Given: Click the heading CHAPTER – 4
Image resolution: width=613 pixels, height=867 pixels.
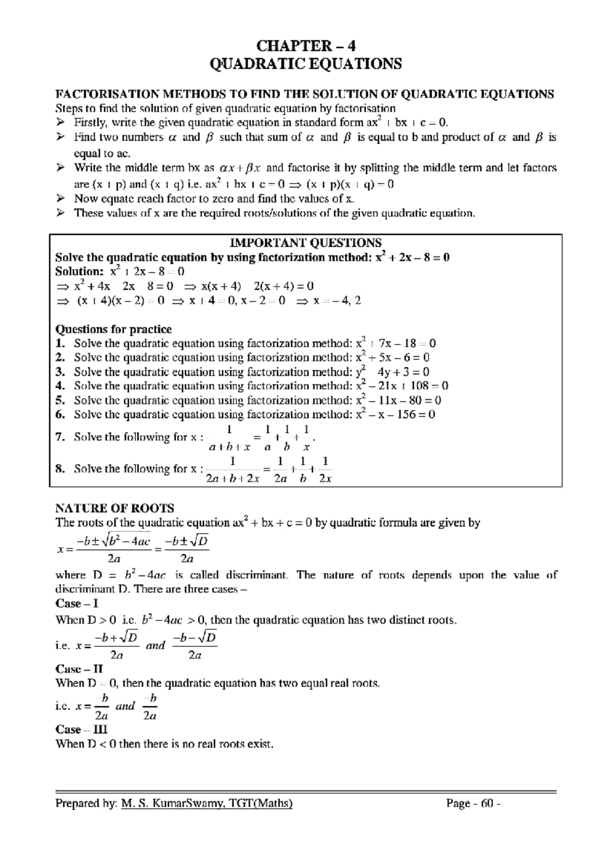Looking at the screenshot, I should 305,46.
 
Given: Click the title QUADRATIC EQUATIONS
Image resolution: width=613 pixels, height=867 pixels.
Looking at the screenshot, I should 305,64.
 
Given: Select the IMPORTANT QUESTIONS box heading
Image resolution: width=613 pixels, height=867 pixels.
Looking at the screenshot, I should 305,243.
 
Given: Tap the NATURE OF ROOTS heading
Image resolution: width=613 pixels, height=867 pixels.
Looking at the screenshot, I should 114,508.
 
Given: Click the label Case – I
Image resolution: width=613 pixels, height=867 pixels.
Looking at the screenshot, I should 77,604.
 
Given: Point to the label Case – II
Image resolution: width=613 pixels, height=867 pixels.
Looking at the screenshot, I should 79,669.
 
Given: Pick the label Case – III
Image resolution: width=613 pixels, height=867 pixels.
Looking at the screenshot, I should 81,730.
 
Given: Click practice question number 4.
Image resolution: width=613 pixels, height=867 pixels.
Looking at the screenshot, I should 60,386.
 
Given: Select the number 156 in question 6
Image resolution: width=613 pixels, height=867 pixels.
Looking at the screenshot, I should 406,415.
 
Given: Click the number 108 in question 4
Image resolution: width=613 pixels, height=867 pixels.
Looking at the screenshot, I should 420,386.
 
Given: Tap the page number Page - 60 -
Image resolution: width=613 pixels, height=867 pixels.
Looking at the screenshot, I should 473,804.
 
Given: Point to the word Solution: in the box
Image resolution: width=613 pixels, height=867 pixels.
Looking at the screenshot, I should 79,272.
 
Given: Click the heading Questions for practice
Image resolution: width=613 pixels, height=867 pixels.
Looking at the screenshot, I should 113,329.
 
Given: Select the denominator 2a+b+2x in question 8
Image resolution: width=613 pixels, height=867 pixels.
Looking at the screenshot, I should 232,479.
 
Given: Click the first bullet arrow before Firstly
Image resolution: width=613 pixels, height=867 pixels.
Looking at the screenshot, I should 60,123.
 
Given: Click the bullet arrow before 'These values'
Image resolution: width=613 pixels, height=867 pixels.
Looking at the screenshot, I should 60,213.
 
